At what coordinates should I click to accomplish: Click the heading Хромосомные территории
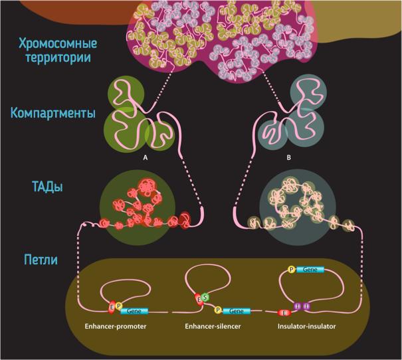pos(58,50)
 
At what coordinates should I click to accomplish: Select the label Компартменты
pos(53,112)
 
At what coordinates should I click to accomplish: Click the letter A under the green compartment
pos(145,157)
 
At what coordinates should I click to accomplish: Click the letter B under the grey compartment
pos(289,157)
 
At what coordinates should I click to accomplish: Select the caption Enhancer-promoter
pos(115,327)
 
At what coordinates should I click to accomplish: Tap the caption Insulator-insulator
pos(306,327)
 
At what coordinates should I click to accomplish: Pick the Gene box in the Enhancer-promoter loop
pos(135,310)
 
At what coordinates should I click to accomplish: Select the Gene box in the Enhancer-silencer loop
pos(237,310)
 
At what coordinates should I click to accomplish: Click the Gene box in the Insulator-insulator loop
pos(310,270)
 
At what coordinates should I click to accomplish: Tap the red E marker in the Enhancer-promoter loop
pos(112,307)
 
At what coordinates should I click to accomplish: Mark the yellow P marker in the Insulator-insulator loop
pos(291,270)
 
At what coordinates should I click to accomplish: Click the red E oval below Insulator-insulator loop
pos(285,312)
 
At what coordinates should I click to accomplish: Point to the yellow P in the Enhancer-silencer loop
pos(218,310)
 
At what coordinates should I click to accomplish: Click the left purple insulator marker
pos(297,306)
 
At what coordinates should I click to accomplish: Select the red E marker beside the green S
pos(198,301)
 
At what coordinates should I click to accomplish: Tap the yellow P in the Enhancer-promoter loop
pos(119,306)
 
